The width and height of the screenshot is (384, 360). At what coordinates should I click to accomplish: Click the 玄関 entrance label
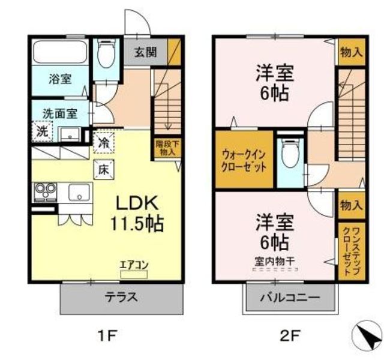[145, 52]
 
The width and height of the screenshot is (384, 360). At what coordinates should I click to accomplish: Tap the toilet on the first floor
[106, 53]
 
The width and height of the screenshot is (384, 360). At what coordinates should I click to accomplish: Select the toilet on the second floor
[290, 152]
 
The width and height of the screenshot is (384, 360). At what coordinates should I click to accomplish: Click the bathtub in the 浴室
[60, 52]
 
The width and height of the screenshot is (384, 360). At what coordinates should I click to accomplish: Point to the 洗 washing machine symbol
[43, 131]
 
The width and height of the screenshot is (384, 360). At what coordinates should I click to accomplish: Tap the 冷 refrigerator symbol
[104, 143]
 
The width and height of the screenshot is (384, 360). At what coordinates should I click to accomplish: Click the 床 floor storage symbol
[104, 169]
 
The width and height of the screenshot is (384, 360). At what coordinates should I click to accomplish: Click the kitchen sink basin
[79, 193]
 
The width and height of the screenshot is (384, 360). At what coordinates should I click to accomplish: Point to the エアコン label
[134, 265]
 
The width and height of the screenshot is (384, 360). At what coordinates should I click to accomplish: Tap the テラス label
[121, 298]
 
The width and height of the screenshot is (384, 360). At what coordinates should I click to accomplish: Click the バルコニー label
[290, 298]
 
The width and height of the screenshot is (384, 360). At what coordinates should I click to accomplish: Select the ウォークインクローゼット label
[244, 161]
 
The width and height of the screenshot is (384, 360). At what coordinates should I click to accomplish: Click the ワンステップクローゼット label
[352, 251]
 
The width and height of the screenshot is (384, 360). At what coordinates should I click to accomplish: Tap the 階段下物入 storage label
[167, 148]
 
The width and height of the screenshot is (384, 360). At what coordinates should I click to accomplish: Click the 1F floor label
[108, 336]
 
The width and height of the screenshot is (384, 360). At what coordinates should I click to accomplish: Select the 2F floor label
[290, 336]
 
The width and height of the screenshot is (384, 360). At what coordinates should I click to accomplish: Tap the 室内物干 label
[275, 262]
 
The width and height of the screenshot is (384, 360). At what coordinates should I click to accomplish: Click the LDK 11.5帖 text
[137, 213]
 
